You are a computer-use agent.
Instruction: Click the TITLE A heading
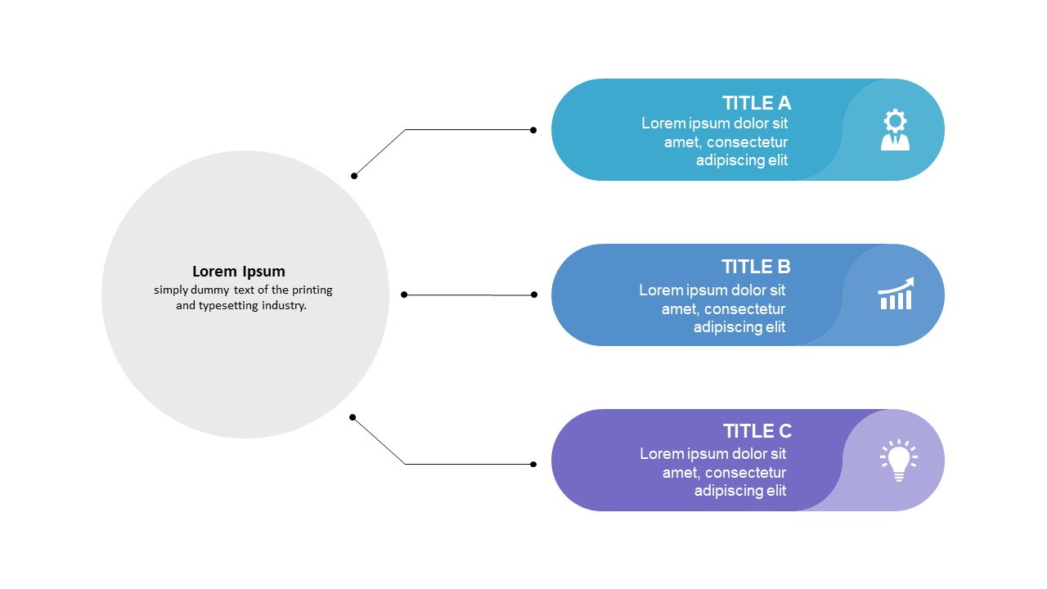click(757, 103)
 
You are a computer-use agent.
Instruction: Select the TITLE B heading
click(756, 267)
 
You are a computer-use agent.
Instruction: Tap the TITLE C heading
click(757, 431)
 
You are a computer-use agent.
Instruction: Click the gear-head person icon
click(895, 129)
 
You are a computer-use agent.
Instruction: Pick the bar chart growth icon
click(896, 293)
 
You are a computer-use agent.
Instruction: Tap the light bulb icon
click(898, 461)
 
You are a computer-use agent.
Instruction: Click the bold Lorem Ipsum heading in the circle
click(238, 272)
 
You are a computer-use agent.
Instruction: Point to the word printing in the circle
click(312, 290)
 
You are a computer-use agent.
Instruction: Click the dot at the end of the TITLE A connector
click(533, 130)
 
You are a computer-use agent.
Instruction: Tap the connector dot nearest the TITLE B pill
click(534, 294)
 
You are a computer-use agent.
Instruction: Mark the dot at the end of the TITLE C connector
click(533, 464)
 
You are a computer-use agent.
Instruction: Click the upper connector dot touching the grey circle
click(354, 176)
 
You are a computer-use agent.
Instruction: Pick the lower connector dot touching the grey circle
click(353, 417)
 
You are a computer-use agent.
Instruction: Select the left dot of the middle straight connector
click(404, 294)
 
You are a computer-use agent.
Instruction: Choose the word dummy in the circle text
click(210, 290)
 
